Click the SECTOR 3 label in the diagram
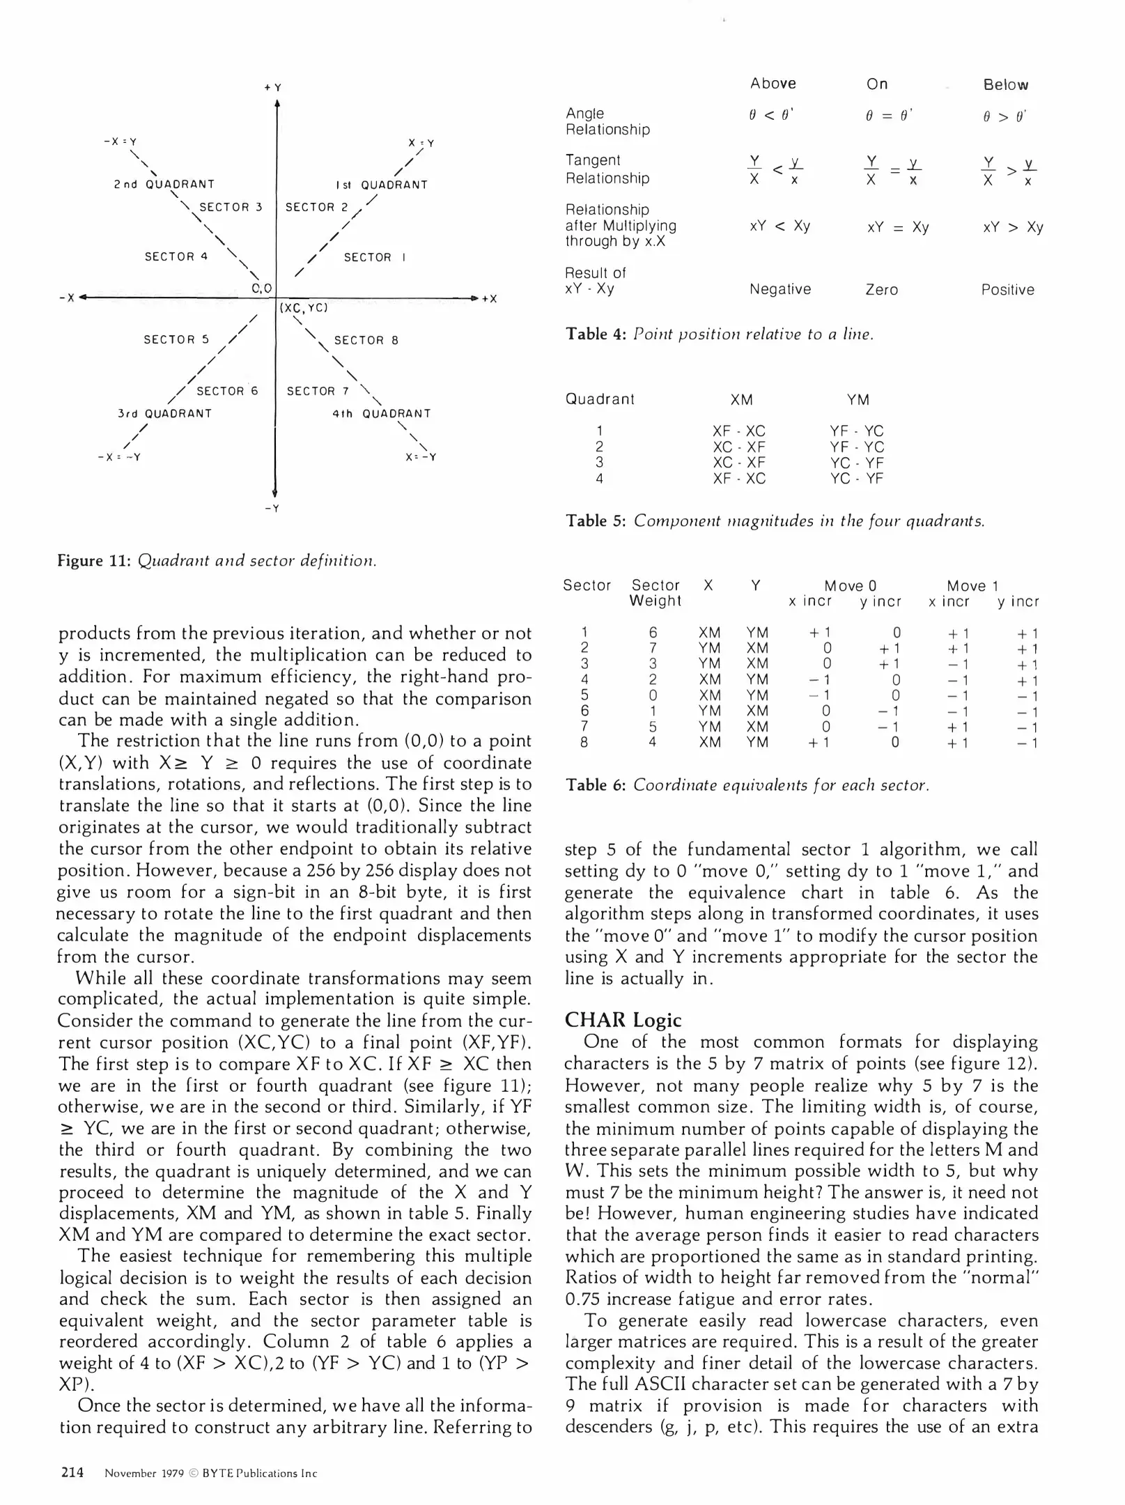pos(231,207)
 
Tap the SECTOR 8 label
pos(366,340)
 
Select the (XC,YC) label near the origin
pos(303,307)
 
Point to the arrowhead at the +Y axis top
pos(277,105)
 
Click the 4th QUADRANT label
pos(381,413)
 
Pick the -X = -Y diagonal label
pos(119,457)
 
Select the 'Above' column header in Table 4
pos(773,84)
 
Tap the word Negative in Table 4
pos(779,289)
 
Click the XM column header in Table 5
pos(741,400)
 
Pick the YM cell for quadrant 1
pos(856,431)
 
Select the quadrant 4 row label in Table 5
pos(599,479)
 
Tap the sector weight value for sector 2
pos(653,649)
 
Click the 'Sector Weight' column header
pos(655,593)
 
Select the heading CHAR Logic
pos(622,1020)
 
